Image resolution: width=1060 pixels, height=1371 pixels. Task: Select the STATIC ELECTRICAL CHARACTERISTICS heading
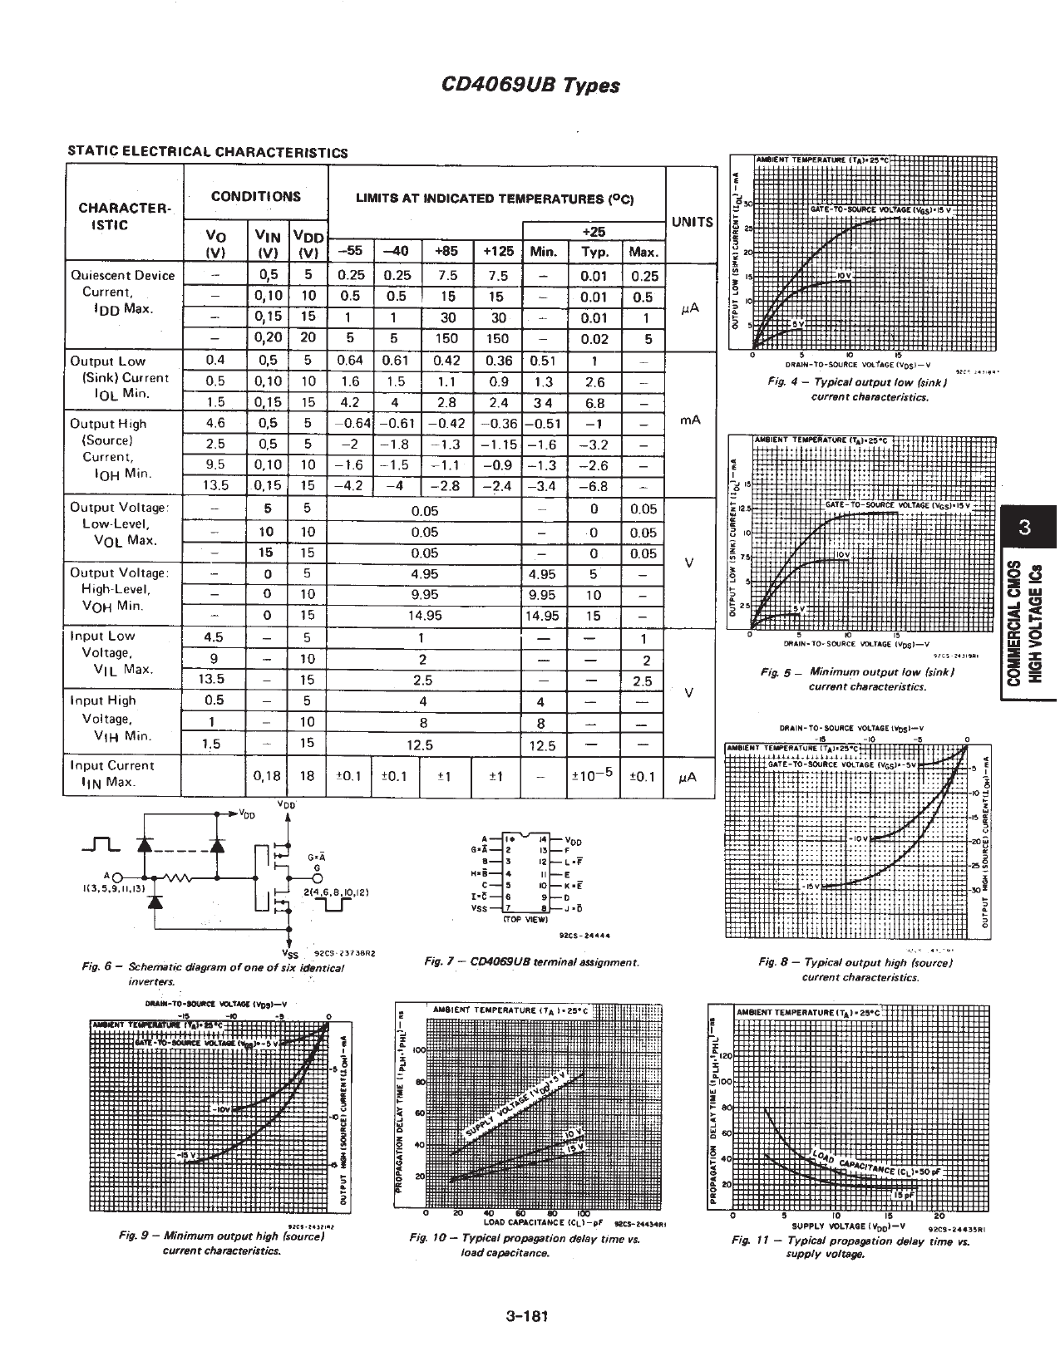[x=207, y=152]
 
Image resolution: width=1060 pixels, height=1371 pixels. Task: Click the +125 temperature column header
[x=498, y=251]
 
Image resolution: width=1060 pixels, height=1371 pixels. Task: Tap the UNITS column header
[x=692, y=222]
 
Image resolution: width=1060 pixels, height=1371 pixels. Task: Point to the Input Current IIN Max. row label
[x=112, y=774]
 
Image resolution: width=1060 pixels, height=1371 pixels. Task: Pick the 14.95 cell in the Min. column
[x=542, y=616]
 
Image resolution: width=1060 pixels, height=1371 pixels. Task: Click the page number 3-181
[x=529, y=1316]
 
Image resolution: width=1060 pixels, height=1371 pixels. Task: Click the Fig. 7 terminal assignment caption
[x=531, y=961]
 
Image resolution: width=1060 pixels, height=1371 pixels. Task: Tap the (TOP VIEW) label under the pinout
[x=525, y=921]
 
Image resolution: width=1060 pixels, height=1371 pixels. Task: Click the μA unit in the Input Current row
[x=687, y=777]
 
